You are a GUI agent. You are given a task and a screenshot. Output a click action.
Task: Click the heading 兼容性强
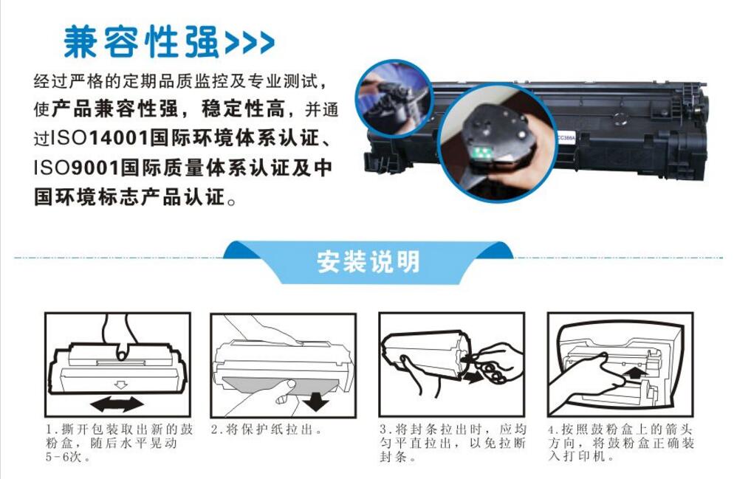pyautogui.click(x=142, y=42)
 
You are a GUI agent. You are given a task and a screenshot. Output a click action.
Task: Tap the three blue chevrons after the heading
pyautogui.click(x=250, y=43)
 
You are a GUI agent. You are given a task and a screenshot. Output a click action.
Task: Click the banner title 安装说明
pyautogui.click(x=368, y=262)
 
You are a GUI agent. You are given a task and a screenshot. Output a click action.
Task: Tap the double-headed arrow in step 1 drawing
pyautogui.click(x=117, y=403)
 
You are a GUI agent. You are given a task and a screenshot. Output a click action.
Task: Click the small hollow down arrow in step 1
pyautogui.click(x=120, y=384)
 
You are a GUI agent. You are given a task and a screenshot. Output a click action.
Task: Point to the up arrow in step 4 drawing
pyautogui.click(x=637, y=371)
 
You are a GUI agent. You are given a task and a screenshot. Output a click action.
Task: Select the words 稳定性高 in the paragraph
pyautogui.click(x=243, y=109)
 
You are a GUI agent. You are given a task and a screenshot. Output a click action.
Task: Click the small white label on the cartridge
pyautogui.click(x=566, y=137)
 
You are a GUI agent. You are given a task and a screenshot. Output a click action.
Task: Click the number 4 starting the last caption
pyautogui.click(x=551, y=430)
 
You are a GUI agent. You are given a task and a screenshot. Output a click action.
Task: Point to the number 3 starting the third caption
pyautogui.click(x=383, y=430)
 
